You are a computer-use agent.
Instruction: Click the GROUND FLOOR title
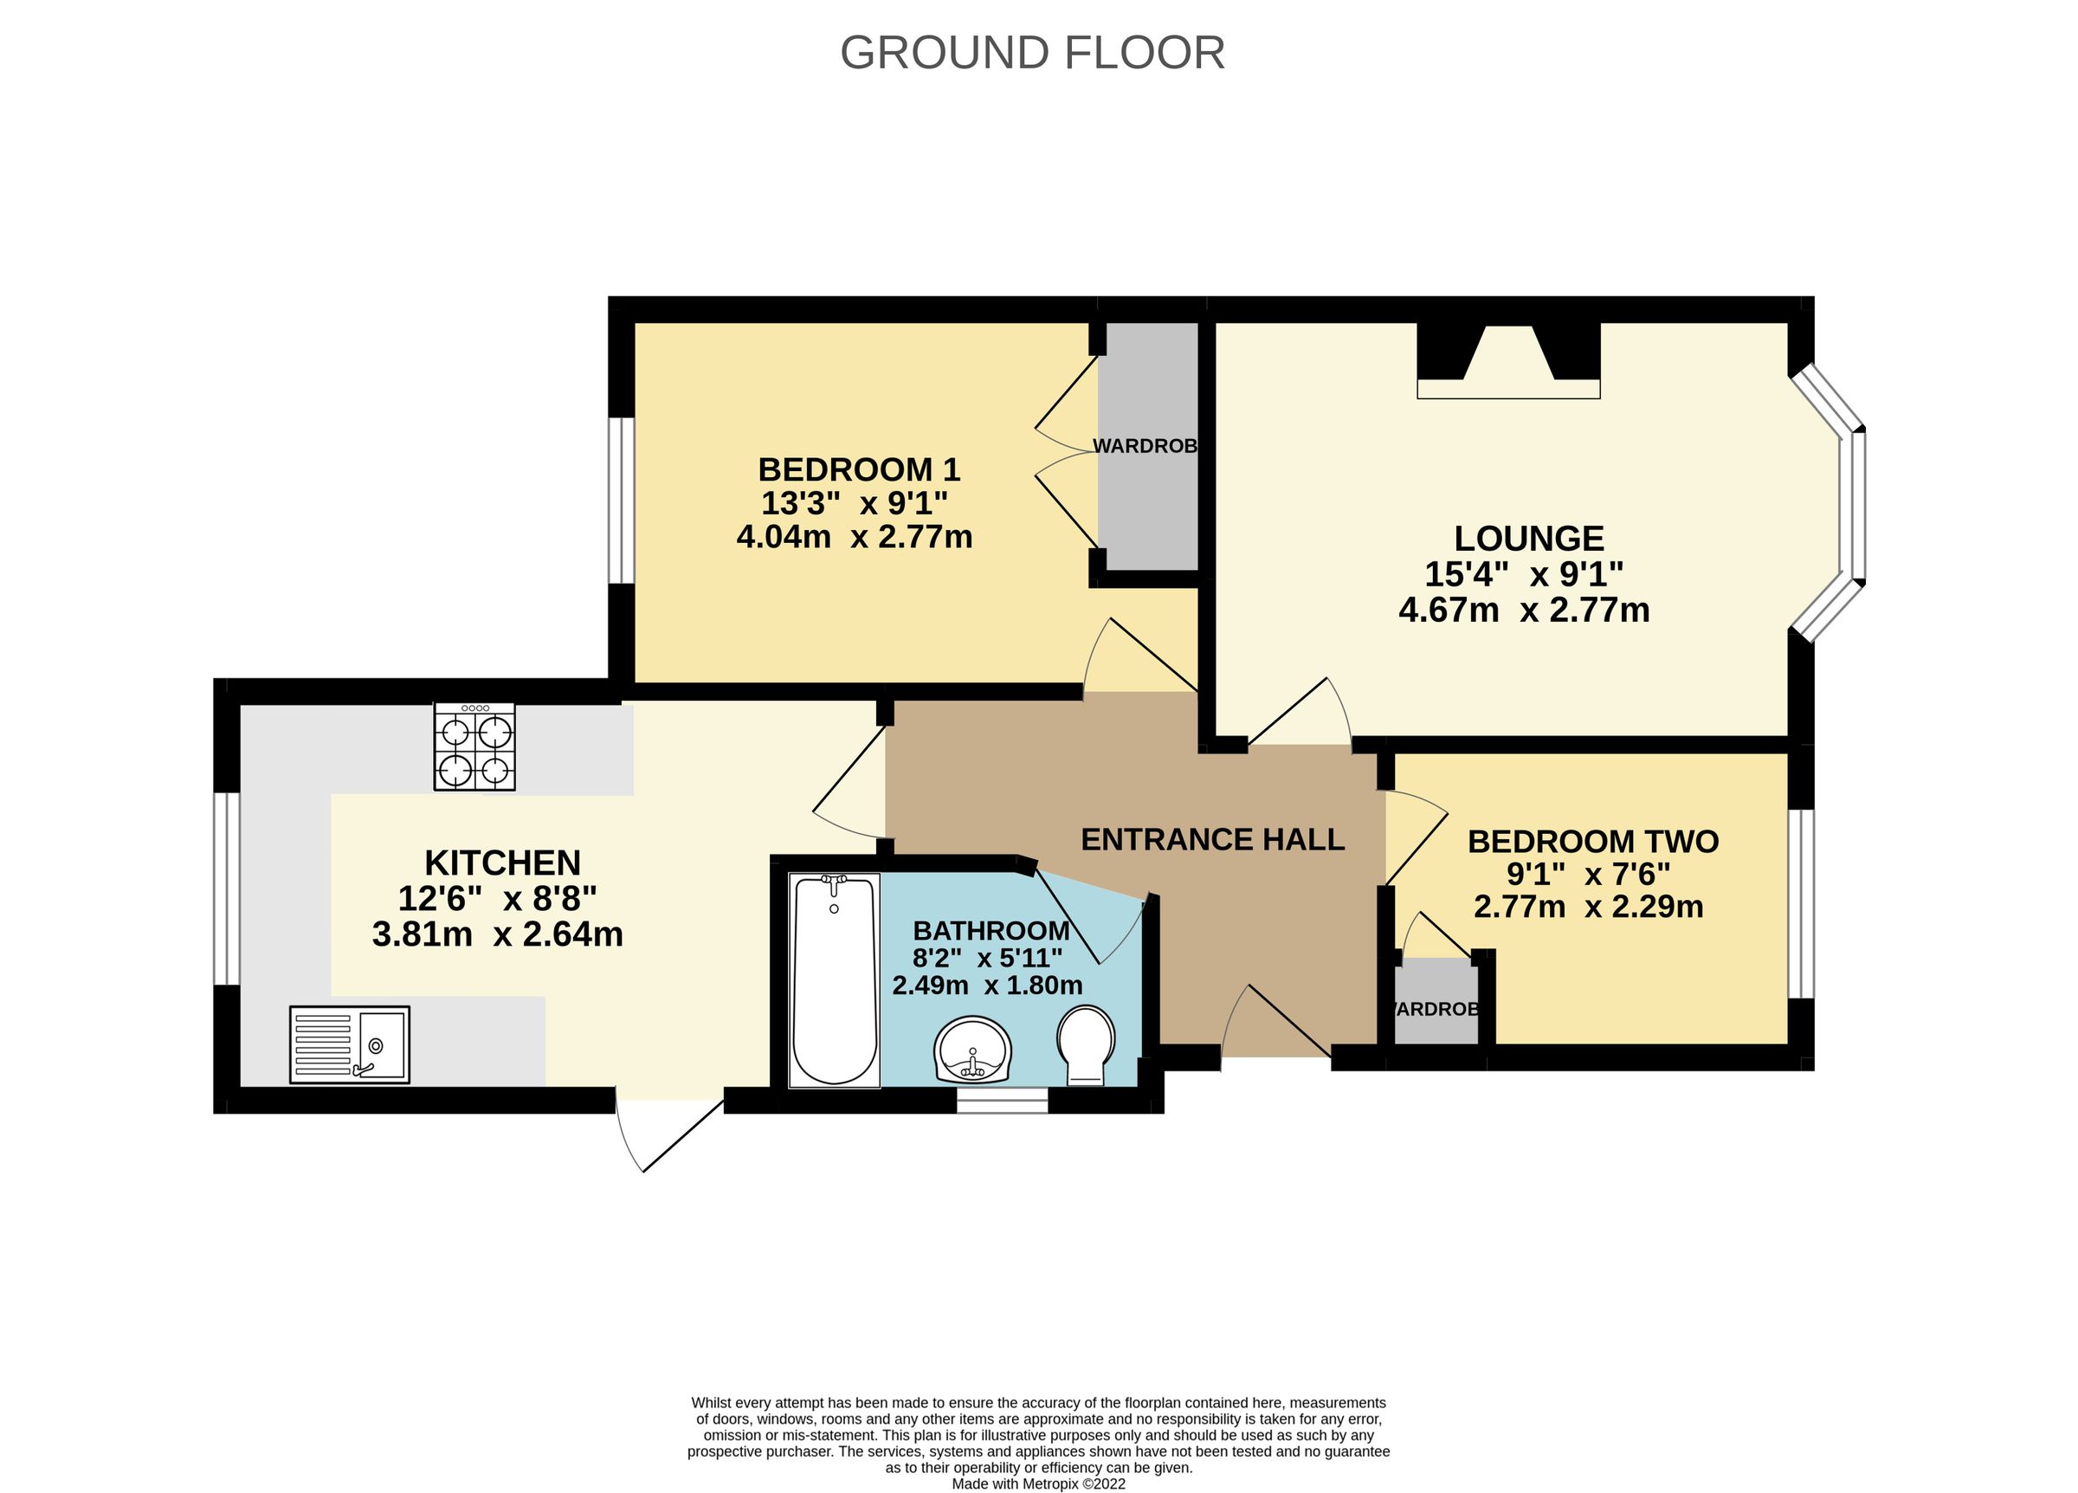tap(1032, 53)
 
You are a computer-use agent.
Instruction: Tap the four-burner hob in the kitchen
tap(474, 747)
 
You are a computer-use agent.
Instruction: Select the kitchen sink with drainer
tap(349, 1044)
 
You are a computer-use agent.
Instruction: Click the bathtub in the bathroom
tap(834, 979)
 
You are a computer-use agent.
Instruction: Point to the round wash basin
tap(972, 1050)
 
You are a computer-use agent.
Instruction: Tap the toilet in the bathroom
tap(1086, 1044)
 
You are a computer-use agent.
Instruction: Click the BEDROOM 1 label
tap(859, 469)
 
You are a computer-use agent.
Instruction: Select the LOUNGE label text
tap(1529, 538)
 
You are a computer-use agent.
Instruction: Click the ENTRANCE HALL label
tap(1212, 839)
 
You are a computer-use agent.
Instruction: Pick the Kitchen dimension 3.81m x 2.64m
tap(498, 934)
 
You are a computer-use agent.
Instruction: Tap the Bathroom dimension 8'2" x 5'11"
tap(987, 959)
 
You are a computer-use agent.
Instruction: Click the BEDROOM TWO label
tap(1592, 842)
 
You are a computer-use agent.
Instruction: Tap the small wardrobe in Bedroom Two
tap(1435, 1002)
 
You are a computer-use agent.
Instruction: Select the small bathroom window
tap(1002, 1101)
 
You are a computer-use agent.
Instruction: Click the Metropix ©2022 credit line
tap(1038, 1483)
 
